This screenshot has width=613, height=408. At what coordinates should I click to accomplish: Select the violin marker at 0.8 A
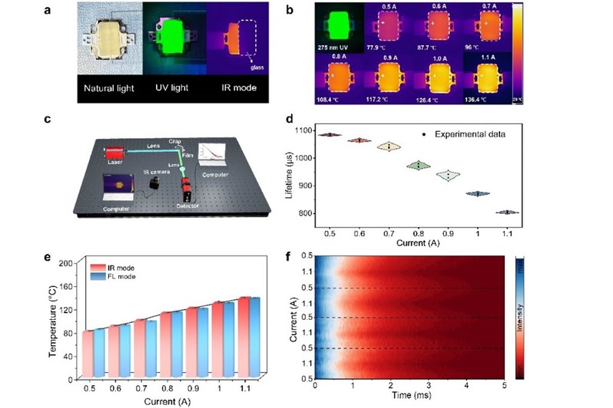pos(419,165)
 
